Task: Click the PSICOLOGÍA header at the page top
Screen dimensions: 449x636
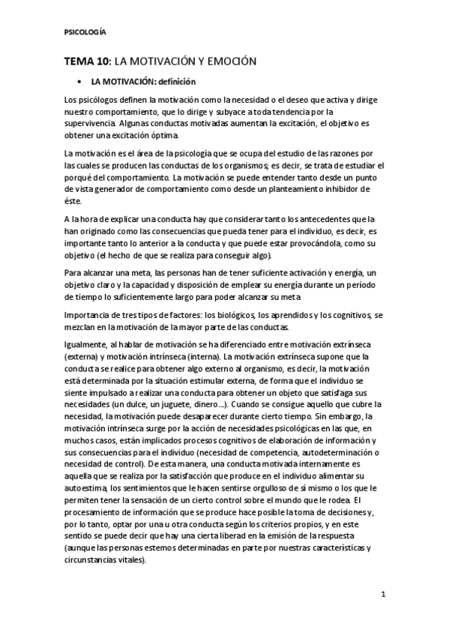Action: click(x=85, y=32)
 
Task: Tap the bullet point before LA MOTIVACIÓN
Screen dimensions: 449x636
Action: click(x=79, y=81)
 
